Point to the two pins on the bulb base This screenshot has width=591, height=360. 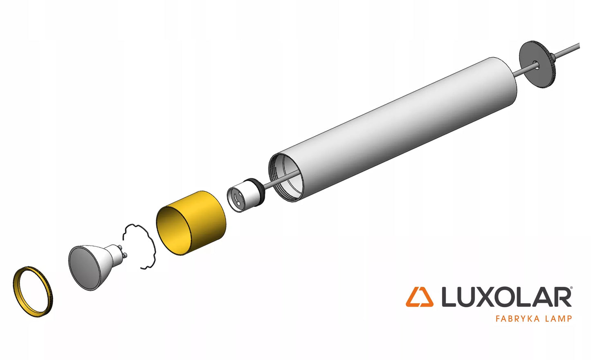pyautogui.click(x=123, y=251)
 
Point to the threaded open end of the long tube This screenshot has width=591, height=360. pyautogui.click(x=286, y=178)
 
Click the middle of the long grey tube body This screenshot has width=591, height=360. pyautogui.click(x=393, y=129)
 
